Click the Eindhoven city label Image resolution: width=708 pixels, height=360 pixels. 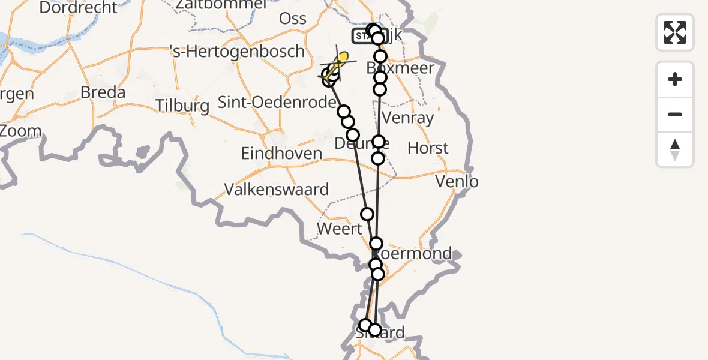(281, 154)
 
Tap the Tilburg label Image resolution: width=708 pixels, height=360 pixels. (182, 106)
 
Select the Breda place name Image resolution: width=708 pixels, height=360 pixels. (103, 93)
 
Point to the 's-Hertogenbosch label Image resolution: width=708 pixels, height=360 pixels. (237, 52)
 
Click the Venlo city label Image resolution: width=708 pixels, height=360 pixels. (457, 181)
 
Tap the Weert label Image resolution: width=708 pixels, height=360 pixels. (340, 229)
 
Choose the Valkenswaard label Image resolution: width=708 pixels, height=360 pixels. (277, 190)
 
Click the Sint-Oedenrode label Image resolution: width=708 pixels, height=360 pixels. (277, 103)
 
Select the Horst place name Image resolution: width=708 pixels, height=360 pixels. (428, 148)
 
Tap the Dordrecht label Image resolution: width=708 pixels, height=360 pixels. (79, 8)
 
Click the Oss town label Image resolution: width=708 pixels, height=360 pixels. (293, 19)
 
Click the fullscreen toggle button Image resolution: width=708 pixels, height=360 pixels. (675, 32)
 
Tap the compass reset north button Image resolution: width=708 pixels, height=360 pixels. (675, 149)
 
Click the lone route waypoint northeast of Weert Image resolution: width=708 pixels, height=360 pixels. (367, 214)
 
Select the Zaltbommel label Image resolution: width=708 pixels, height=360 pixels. (221, 4)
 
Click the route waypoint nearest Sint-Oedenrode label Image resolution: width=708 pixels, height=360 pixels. (344, 112)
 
